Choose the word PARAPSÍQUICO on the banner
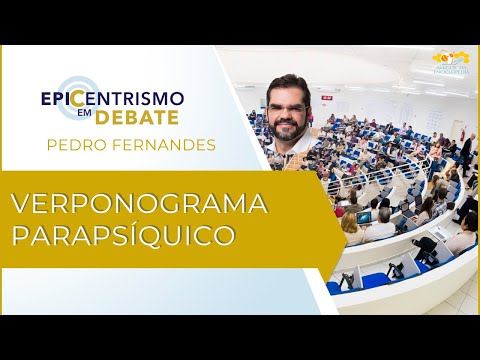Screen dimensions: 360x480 pos(124,236)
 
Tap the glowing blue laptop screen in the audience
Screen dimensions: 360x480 pos(364,217)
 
